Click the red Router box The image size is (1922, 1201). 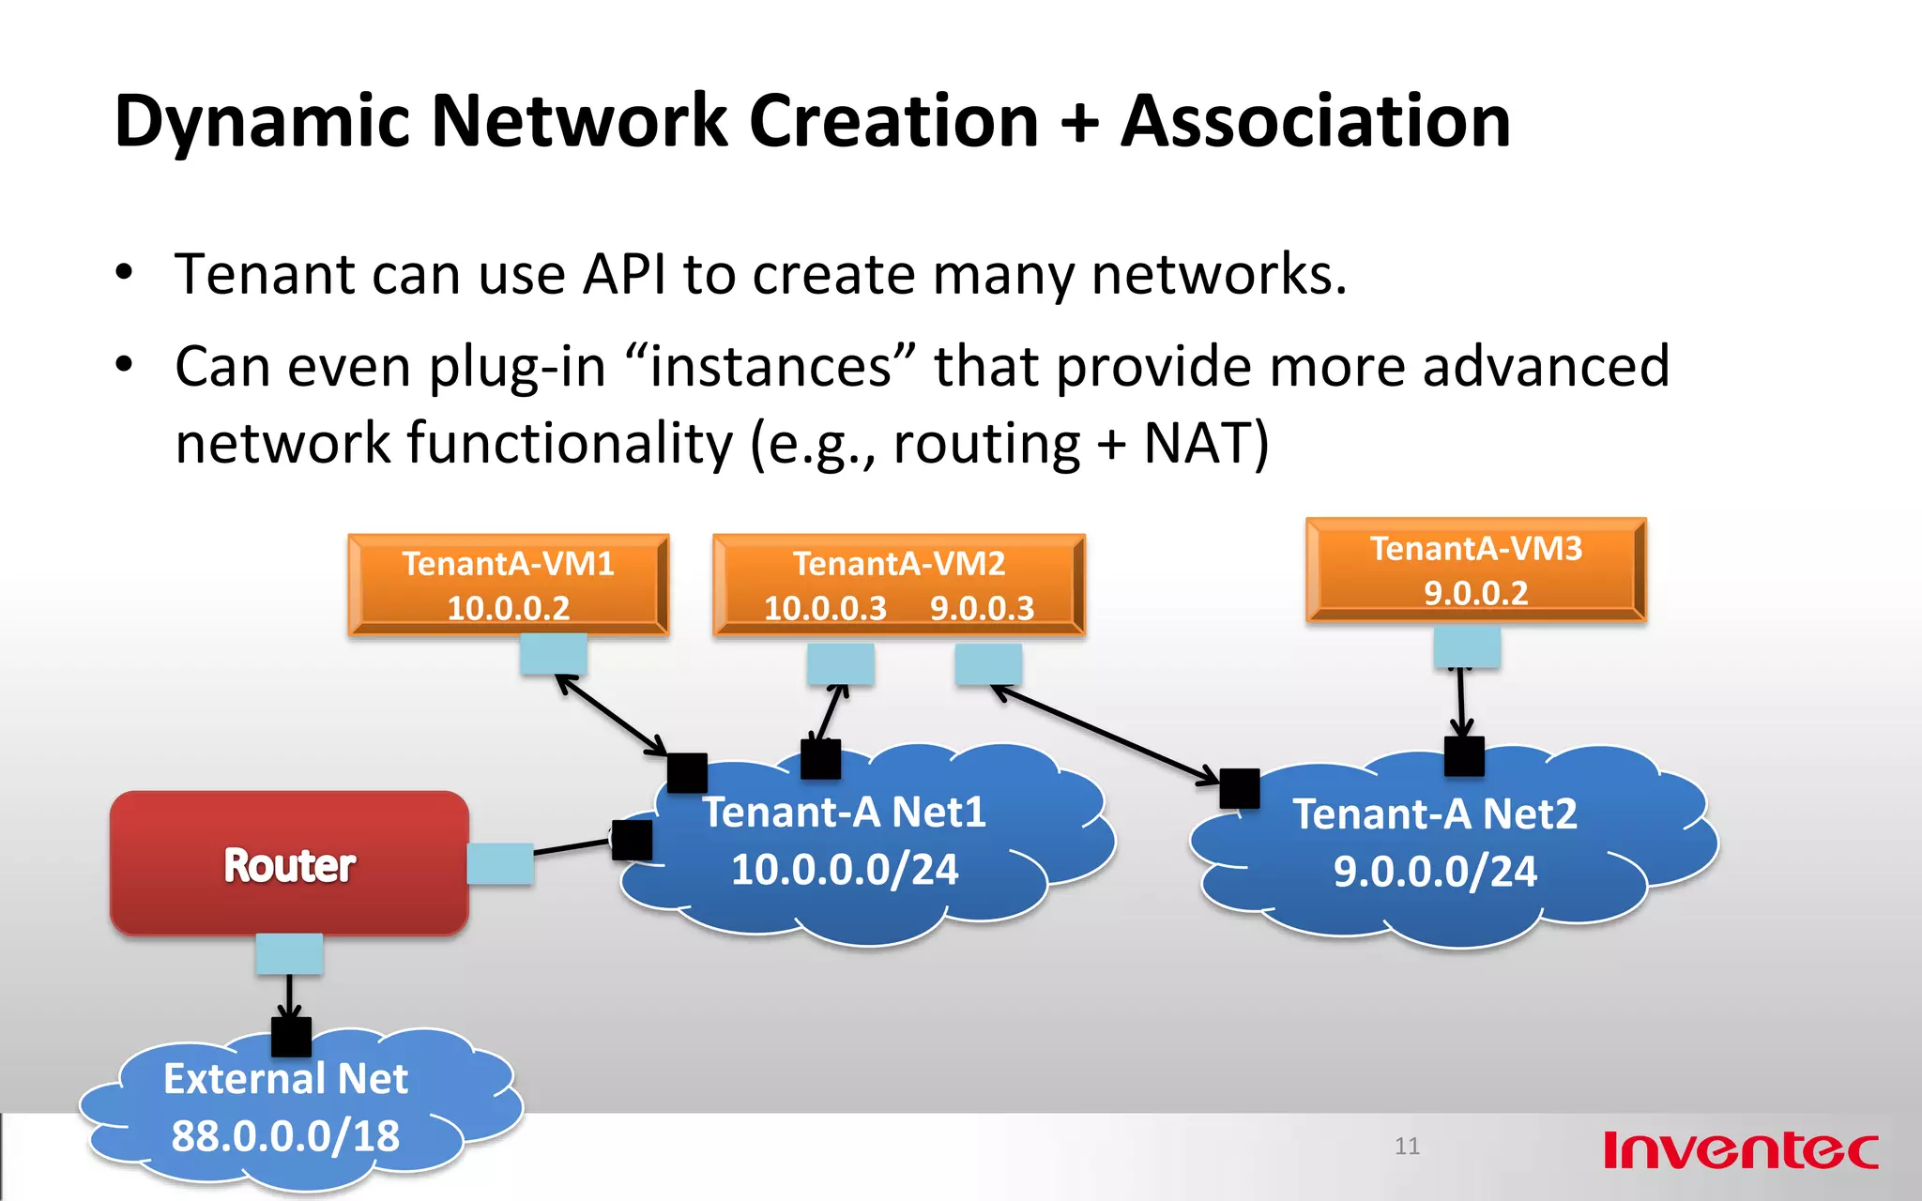tap(289, 863)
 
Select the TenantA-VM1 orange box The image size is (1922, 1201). tap(508, 585)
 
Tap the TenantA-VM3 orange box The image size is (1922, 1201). tap(1475, 570)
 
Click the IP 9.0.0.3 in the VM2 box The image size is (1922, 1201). tap(982, 609)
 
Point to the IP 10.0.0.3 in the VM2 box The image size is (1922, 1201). tap(825, 609)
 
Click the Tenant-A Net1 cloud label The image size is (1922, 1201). tap(845, 813)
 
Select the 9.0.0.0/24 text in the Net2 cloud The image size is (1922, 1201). tap(1435, 872)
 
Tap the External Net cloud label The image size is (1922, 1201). tap(285, 1079)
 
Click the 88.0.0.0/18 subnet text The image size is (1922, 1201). tap(285, 1136)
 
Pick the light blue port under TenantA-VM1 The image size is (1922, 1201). tap(554, 653)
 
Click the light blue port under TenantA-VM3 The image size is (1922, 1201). tap(1467, 646)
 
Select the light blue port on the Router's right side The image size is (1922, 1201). tap(500, 863)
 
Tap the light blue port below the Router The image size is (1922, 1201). tap(289, 953)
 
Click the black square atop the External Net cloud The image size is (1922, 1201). tap(291, 1037)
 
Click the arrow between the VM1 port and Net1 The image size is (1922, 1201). tap(612, 714)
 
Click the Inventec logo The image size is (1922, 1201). tap(1741, 1150)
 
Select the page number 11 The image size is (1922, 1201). tap(1407, 1146)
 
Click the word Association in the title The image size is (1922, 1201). tap(1316, 122)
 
